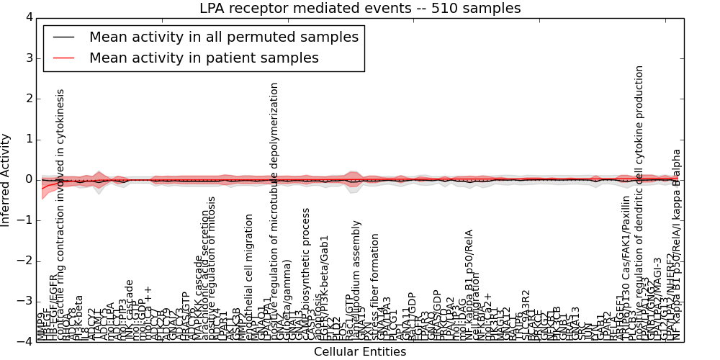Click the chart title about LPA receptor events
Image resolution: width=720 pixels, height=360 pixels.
[359, 8]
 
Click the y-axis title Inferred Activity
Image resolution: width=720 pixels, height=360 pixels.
[6, 179]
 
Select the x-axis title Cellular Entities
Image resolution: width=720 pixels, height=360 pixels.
[359, 351]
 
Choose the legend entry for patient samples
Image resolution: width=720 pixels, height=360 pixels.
[204, 58]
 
